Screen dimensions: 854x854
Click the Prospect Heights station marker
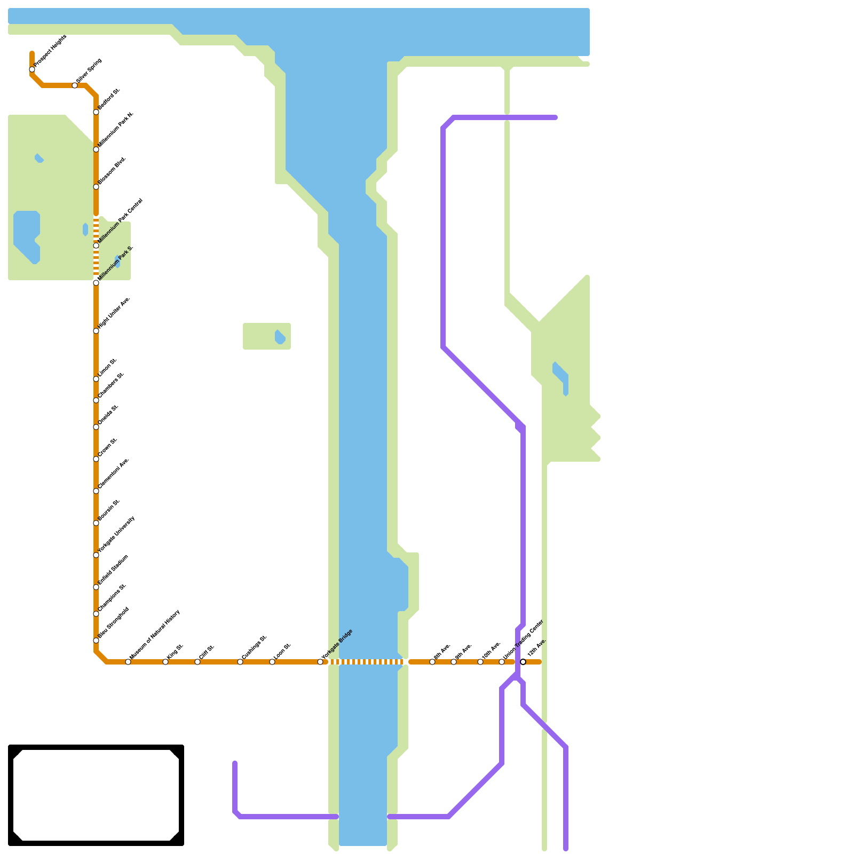pos(32,69)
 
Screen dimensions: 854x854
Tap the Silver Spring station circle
pos(75,85)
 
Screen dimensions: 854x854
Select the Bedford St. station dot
pos(96,112)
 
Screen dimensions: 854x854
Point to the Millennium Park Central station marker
pos(96,246)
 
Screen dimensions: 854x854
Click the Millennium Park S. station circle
pos(96,283)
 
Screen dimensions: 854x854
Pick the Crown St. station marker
pos(96,459)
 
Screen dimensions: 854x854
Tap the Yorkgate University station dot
pos(96,555)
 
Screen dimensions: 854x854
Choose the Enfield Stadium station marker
pos(96,587)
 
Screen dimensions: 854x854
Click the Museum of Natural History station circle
pos(128,662)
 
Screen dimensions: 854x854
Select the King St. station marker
pos(165,662)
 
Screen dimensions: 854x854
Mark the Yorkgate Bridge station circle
pos(320,662)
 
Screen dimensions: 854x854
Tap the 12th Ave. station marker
pos(523,662)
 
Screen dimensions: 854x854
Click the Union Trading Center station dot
pos(502,662)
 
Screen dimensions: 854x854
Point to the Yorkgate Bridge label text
pos(337,644)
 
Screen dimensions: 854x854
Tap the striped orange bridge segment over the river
pos(366,662)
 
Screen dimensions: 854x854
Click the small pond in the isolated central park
pos(280,337)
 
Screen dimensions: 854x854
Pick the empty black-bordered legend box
pos(96,795)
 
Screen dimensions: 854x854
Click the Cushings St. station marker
pos(240,662)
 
